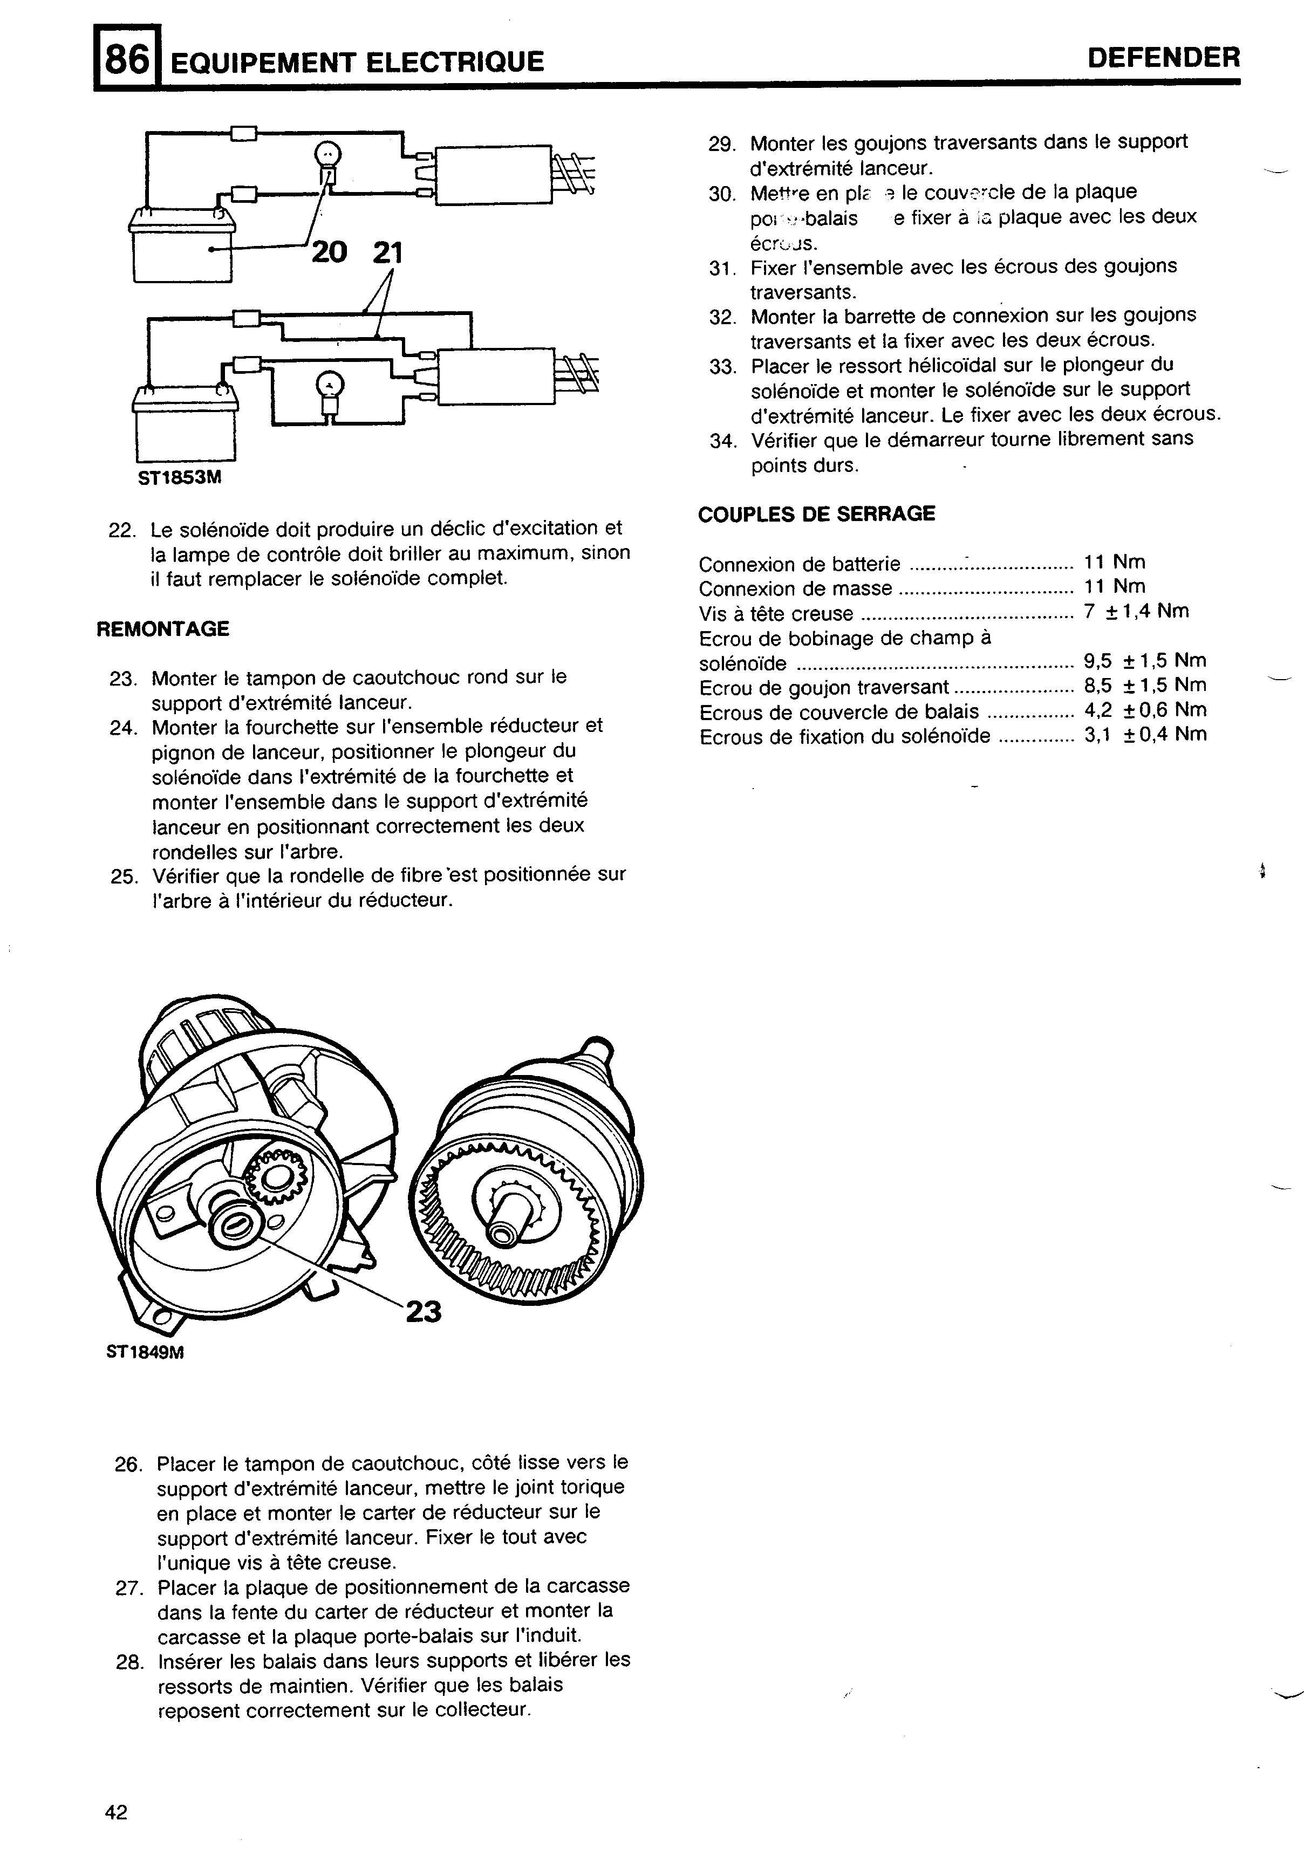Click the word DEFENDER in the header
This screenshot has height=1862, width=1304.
coord(1164,58)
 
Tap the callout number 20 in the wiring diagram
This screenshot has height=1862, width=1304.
coord(329,252)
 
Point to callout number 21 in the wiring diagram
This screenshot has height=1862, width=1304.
coord(387,253)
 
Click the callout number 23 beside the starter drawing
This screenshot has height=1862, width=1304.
coord(424,1311)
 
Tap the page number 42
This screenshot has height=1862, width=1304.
coord(117,1812)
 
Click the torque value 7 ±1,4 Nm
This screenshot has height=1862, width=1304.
coord(1135,612)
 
